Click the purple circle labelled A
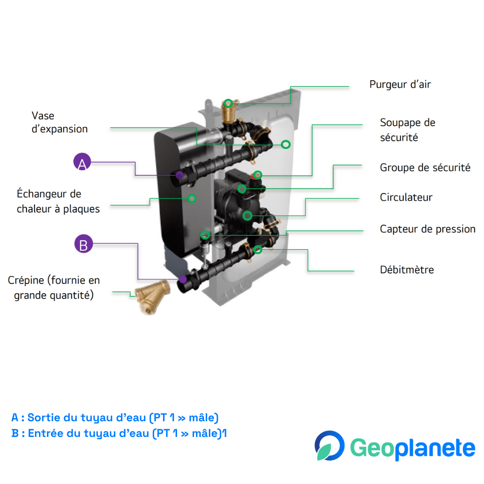82,162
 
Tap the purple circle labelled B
83,244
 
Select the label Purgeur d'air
400,84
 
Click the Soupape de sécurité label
407,130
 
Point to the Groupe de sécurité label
425,168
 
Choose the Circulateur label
406,197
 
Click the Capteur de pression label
428,229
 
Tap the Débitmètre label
407,270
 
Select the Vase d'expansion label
60,122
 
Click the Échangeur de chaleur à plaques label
58,201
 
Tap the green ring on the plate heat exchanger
192,198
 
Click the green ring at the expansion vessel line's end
285,144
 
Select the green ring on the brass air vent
228,103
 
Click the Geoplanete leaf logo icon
329,445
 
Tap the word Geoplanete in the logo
412,448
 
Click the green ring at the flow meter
257,249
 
